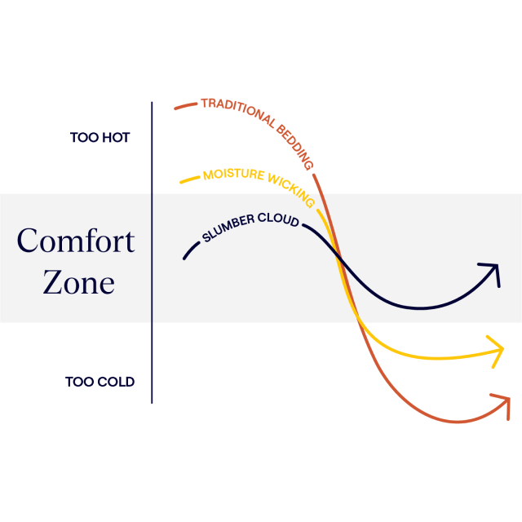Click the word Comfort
point(76,241)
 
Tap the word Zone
point(79,282)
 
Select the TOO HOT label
point(100,138)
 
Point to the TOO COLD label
point(100,382)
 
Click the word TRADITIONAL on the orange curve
point(238,111)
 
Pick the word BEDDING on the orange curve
point(295,147)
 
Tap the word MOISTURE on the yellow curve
point(234,175)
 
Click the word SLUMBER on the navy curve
point(228,228)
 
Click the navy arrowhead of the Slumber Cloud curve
point(492,272)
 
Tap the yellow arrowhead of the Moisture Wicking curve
point(498,351)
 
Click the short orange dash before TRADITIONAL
point(186,106)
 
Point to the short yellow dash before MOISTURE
point(190,179)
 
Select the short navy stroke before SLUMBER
point(191,250)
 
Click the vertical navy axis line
point(152,253)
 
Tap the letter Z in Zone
point(52,282)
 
